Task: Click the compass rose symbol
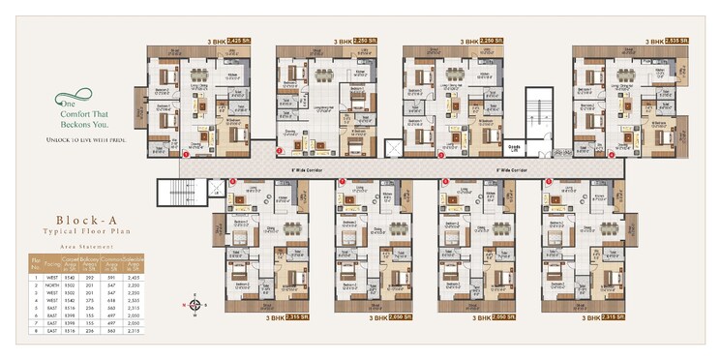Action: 195,304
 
